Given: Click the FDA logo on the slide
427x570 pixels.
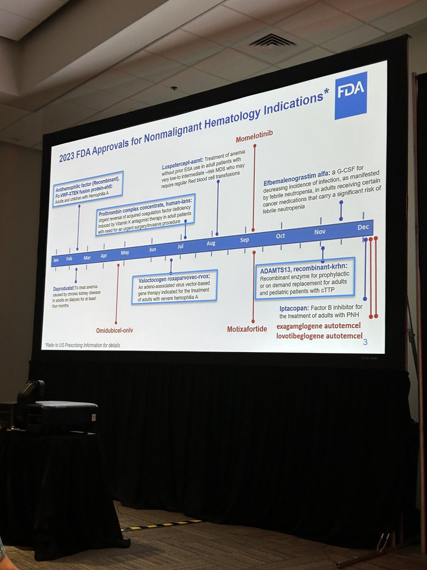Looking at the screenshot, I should (351, 95).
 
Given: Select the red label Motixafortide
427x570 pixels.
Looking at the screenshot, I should (247, 328).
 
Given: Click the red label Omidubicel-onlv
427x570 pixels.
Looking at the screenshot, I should (114, 330).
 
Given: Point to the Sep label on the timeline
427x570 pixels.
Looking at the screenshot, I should (244, 240).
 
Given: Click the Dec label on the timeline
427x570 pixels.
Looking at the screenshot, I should (363, 227).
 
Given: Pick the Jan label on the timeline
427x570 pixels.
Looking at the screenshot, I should (56, 260).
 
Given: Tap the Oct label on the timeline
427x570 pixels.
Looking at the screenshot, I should (280, 236).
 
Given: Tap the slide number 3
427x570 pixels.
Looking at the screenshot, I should (365, 342).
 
